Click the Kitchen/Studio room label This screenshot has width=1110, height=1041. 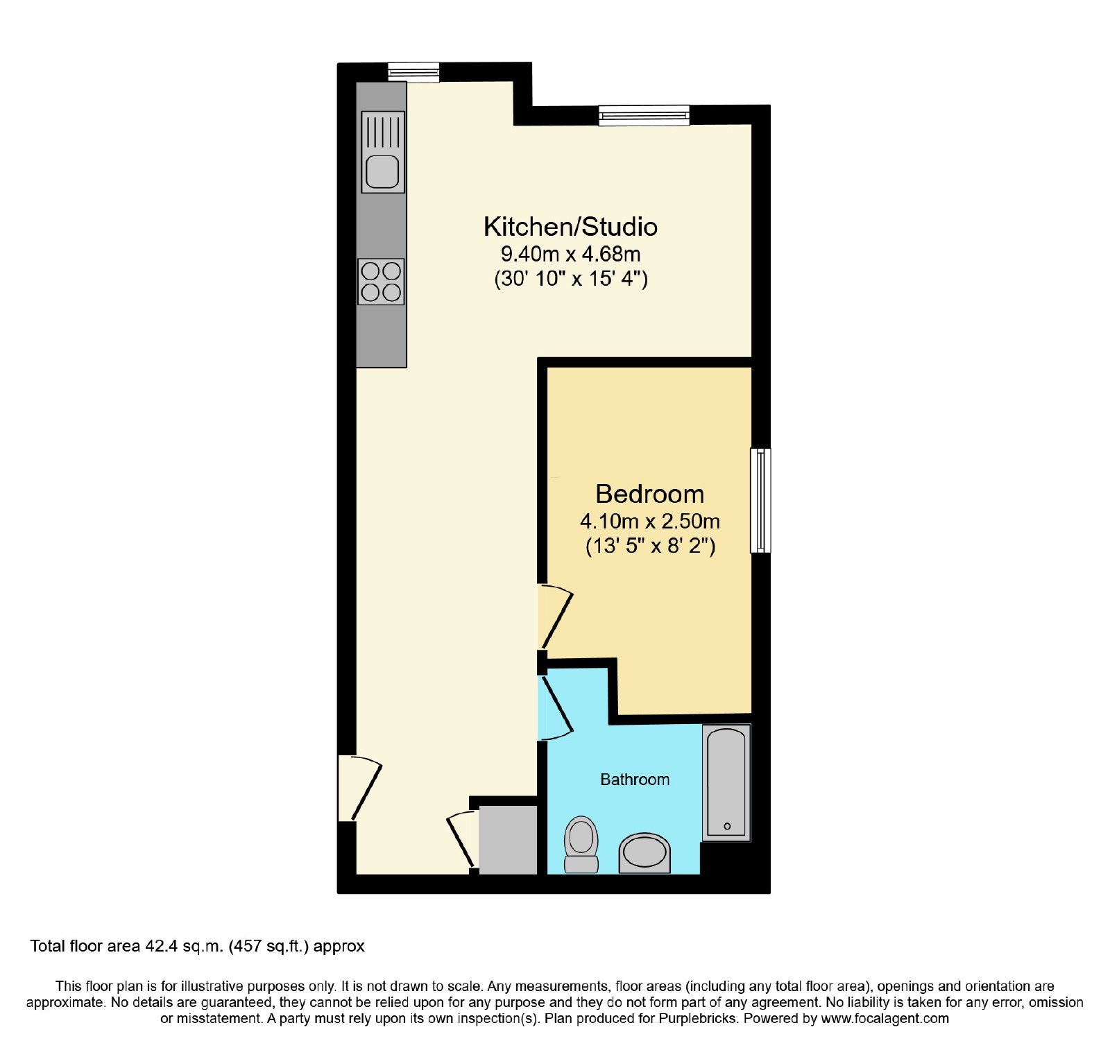[570, 227]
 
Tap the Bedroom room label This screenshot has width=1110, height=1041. [650, 494]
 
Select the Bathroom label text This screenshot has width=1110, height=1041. [635, 780]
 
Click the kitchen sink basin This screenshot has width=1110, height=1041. [382, 171]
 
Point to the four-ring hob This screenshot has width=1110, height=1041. [382, 282]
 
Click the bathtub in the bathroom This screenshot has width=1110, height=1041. [726, 783]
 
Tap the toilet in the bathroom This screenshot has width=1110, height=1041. [581, 844]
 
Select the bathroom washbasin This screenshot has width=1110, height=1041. [644, 853]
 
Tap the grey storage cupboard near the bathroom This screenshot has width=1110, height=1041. [508, 839]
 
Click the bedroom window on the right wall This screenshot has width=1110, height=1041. [761, 500]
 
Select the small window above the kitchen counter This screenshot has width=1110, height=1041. [413, 72]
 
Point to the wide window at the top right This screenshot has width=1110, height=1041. [644, 115]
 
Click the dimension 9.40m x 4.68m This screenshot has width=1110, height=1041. [570, 254]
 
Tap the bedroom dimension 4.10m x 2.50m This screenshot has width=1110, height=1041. [650, 521]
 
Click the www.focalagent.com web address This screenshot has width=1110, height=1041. [885, 1019]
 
